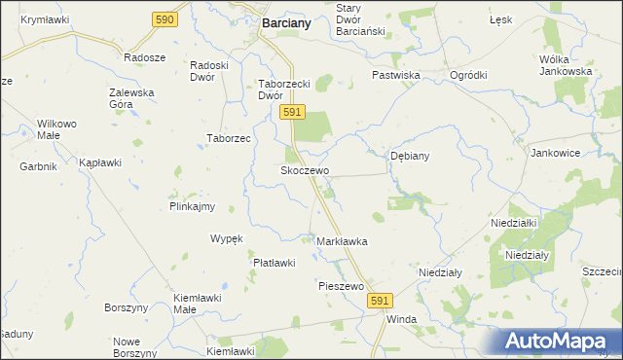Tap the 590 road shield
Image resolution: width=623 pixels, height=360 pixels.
click(165, 19)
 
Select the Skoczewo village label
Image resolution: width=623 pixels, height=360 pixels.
click(305, 170)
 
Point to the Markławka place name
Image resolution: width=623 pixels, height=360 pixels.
click(342, 240)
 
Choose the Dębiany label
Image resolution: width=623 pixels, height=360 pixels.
click(410, 156)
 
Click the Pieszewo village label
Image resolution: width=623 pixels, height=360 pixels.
click(341, 286)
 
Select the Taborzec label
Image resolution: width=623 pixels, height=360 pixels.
click(229, 138)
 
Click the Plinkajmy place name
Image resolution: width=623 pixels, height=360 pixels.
click(192, 206)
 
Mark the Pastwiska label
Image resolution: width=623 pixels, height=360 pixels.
click(395, 75)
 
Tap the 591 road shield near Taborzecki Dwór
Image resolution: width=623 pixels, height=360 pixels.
click(291, 114)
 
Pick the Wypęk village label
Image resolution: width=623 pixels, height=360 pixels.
click(226, 238)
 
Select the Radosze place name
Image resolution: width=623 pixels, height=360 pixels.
click(144, 57)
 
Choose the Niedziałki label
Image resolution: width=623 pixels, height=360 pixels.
click(515, 223)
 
